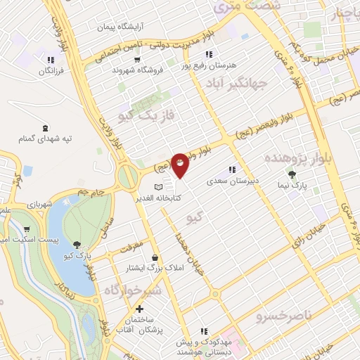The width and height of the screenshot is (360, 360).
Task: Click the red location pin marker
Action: coord(181,165)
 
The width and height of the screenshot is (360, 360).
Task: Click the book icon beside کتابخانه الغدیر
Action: coord(159,187)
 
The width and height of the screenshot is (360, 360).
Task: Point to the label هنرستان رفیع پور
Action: coord(210,65)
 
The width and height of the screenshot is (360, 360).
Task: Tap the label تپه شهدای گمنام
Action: coord(44,139)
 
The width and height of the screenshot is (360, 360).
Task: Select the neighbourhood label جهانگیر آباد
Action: coord(236,84)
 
